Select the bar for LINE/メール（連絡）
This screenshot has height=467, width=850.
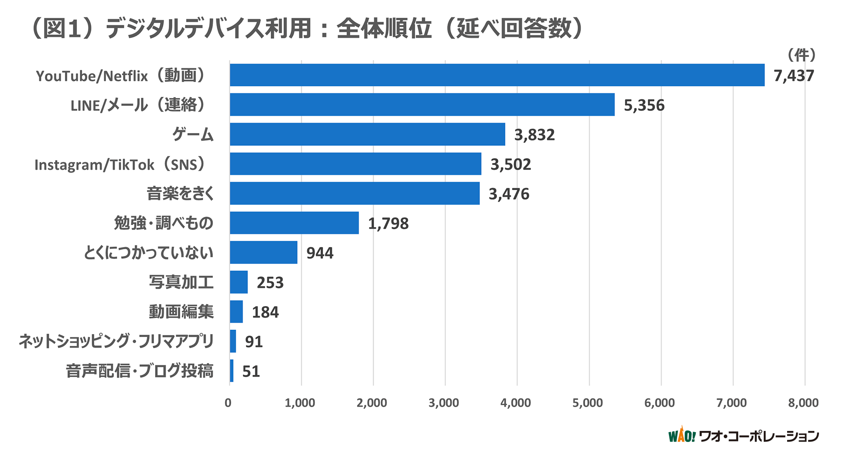click(x=422, y=104)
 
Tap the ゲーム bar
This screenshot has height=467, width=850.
click(x=367, y=134)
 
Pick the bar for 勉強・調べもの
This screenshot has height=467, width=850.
click(x=294, y=223)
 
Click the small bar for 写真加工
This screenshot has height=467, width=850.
click(x=239, y=282)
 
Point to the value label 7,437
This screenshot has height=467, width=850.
click(x=793, y=76)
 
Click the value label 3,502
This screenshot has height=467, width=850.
click(x=510, y=164)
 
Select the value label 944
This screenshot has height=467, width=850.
click(x=320, y=253)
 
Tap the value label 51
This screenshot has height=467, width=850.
click(x=251, y=371)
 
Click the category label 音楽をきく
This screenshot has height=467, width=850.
click(x=180, y=194)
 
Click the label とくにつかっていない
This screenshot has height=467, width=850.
click(x=148, y=253)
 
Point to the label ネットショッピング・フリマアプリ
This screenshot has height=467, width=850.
click(x=116, y=341)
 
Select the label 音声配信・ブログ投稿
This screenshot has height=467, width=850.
click(x=139, y=371)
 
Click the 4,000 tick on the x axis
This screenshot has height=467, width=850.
click(x=516, y=402)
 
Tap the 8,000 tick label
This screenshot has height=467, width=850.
click(x=803, y=402)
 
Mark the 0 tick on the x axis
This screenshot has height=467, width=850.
click(x=228, y=402)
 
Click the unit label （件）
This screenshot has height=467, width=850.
click(x=801, y=55)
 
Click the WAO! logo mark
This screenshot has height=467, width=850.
click(x=681, y=435)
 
